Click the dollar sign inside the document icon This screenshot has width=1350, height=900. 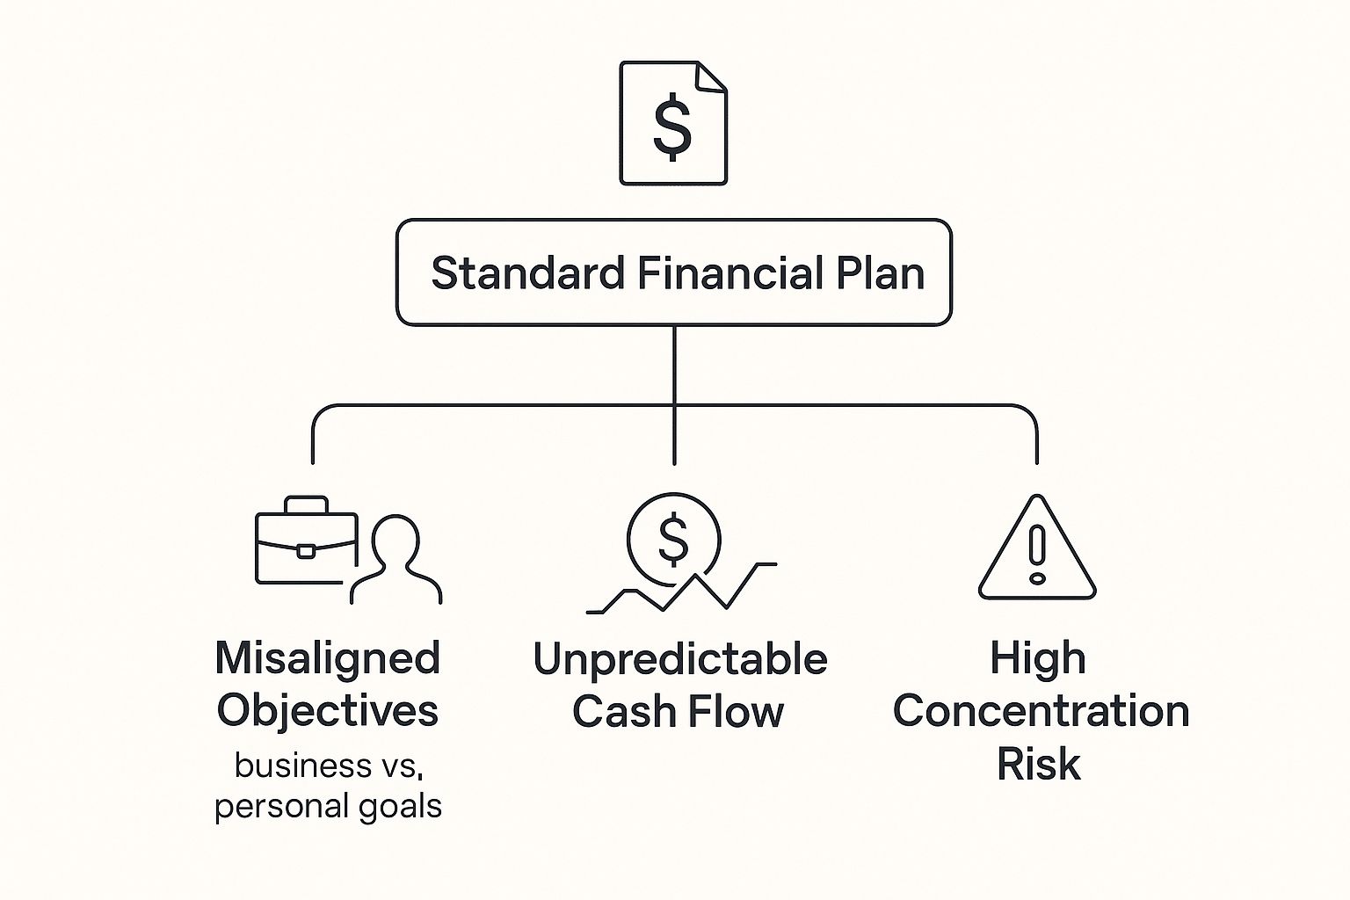672,127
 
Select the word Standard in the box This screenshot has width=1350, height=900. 527,272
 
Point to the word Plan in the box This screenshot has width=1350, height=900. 880,272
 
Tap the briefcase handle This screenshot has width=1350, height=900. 306,504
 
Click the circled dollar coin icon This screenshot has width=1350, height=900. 673,539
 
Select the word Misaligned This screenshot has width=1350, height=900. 328,657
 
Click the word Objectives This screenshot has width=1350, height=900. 328,710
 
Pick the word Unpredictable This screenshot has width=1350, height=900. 679,659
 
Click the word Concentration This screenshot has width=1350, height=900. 1041,710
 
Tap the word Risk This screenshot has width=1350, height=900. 1038,763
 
